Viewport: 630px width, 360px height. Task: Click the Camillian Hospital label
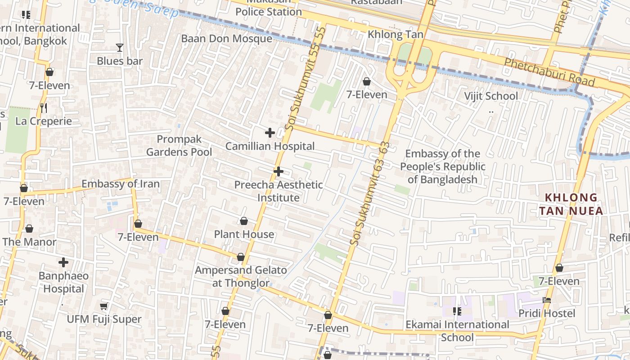(270, 146)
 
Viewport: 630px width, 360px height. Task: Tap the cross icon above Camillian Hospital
(270, 133)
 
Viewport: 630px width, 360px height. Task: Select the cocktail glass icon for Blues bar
(119, 47)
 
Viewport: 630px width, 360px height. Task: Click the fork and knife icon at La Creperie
(44, 108)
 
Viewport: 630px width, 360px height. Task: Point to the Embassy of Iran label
(120, 184)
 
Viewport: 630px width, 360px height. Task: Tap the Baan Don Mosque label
(226, 38)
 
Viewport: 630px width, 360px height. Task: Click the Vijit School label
(491, 96)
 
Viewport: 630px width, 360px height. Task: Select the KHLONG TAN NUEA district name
(571, 204)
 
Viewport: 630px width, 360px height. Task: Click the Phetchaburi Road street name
(549, 72)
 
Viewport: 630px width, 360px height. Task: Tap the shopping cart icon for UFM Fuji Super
(104, 306)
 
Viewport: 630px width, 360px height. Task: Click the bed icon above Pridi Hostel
(547, 300)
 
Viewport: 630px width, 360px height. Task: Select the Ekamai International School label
(457, 331)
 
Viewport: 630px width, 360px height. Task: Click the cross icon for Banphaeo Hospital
(63, 262)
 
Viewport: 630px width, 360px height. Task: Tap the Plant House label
(243, 234)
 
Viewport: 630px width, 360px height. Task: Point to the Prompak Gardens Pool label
(179, 145)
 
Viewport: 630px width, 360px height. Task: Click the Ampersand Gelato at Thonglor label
(240, 276)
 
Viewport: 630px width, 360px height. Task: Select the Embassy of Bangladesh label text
(442, 166)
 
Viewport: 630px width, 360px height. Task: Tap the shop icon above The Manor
(29, 229)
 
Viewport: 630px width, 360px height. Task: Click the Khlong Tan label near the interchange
(395, 35)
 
